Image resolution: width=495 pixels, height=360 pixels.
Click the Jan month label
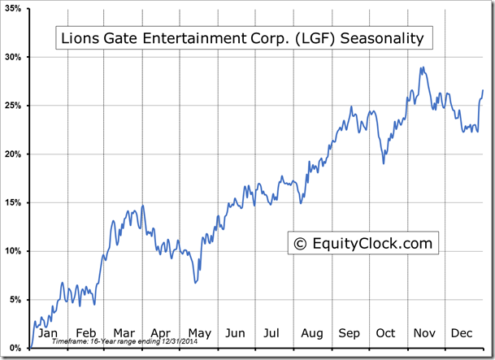coord(48,333)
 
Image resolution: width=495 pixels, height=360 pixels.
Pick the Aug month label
coord(311,333)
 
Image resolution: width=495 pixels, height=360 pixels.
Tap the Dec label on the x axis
coord(462,333)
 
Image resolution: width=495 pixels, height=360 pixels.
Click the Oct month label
coord(386,333)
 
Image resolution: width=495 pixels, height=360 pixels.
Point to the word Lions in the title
coord(80,38)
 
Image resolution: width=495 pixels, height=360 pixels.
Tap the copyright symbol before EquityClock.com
coord(300,242)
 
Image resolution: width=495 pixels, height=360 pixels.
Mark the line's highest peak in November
coord(421,67)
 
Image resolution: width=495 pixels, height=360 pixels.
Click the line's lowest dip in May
coord(195,283)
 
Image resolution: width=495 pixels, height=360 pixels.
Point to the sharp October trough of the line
coord(384,163)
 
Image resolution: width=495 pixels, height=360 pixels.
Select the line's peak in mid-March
coord(143,206)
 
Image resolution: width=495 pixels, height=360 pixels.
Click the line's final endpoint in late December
coord(483,90)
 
